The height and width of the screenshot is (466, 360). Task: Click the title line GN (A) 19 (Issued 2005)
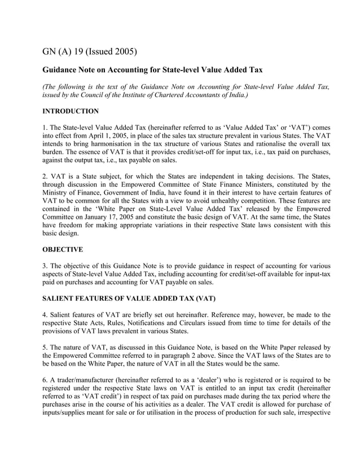click(90, 53)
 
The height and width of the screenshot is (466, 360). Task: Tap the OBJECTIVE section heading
click(63, 249)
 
